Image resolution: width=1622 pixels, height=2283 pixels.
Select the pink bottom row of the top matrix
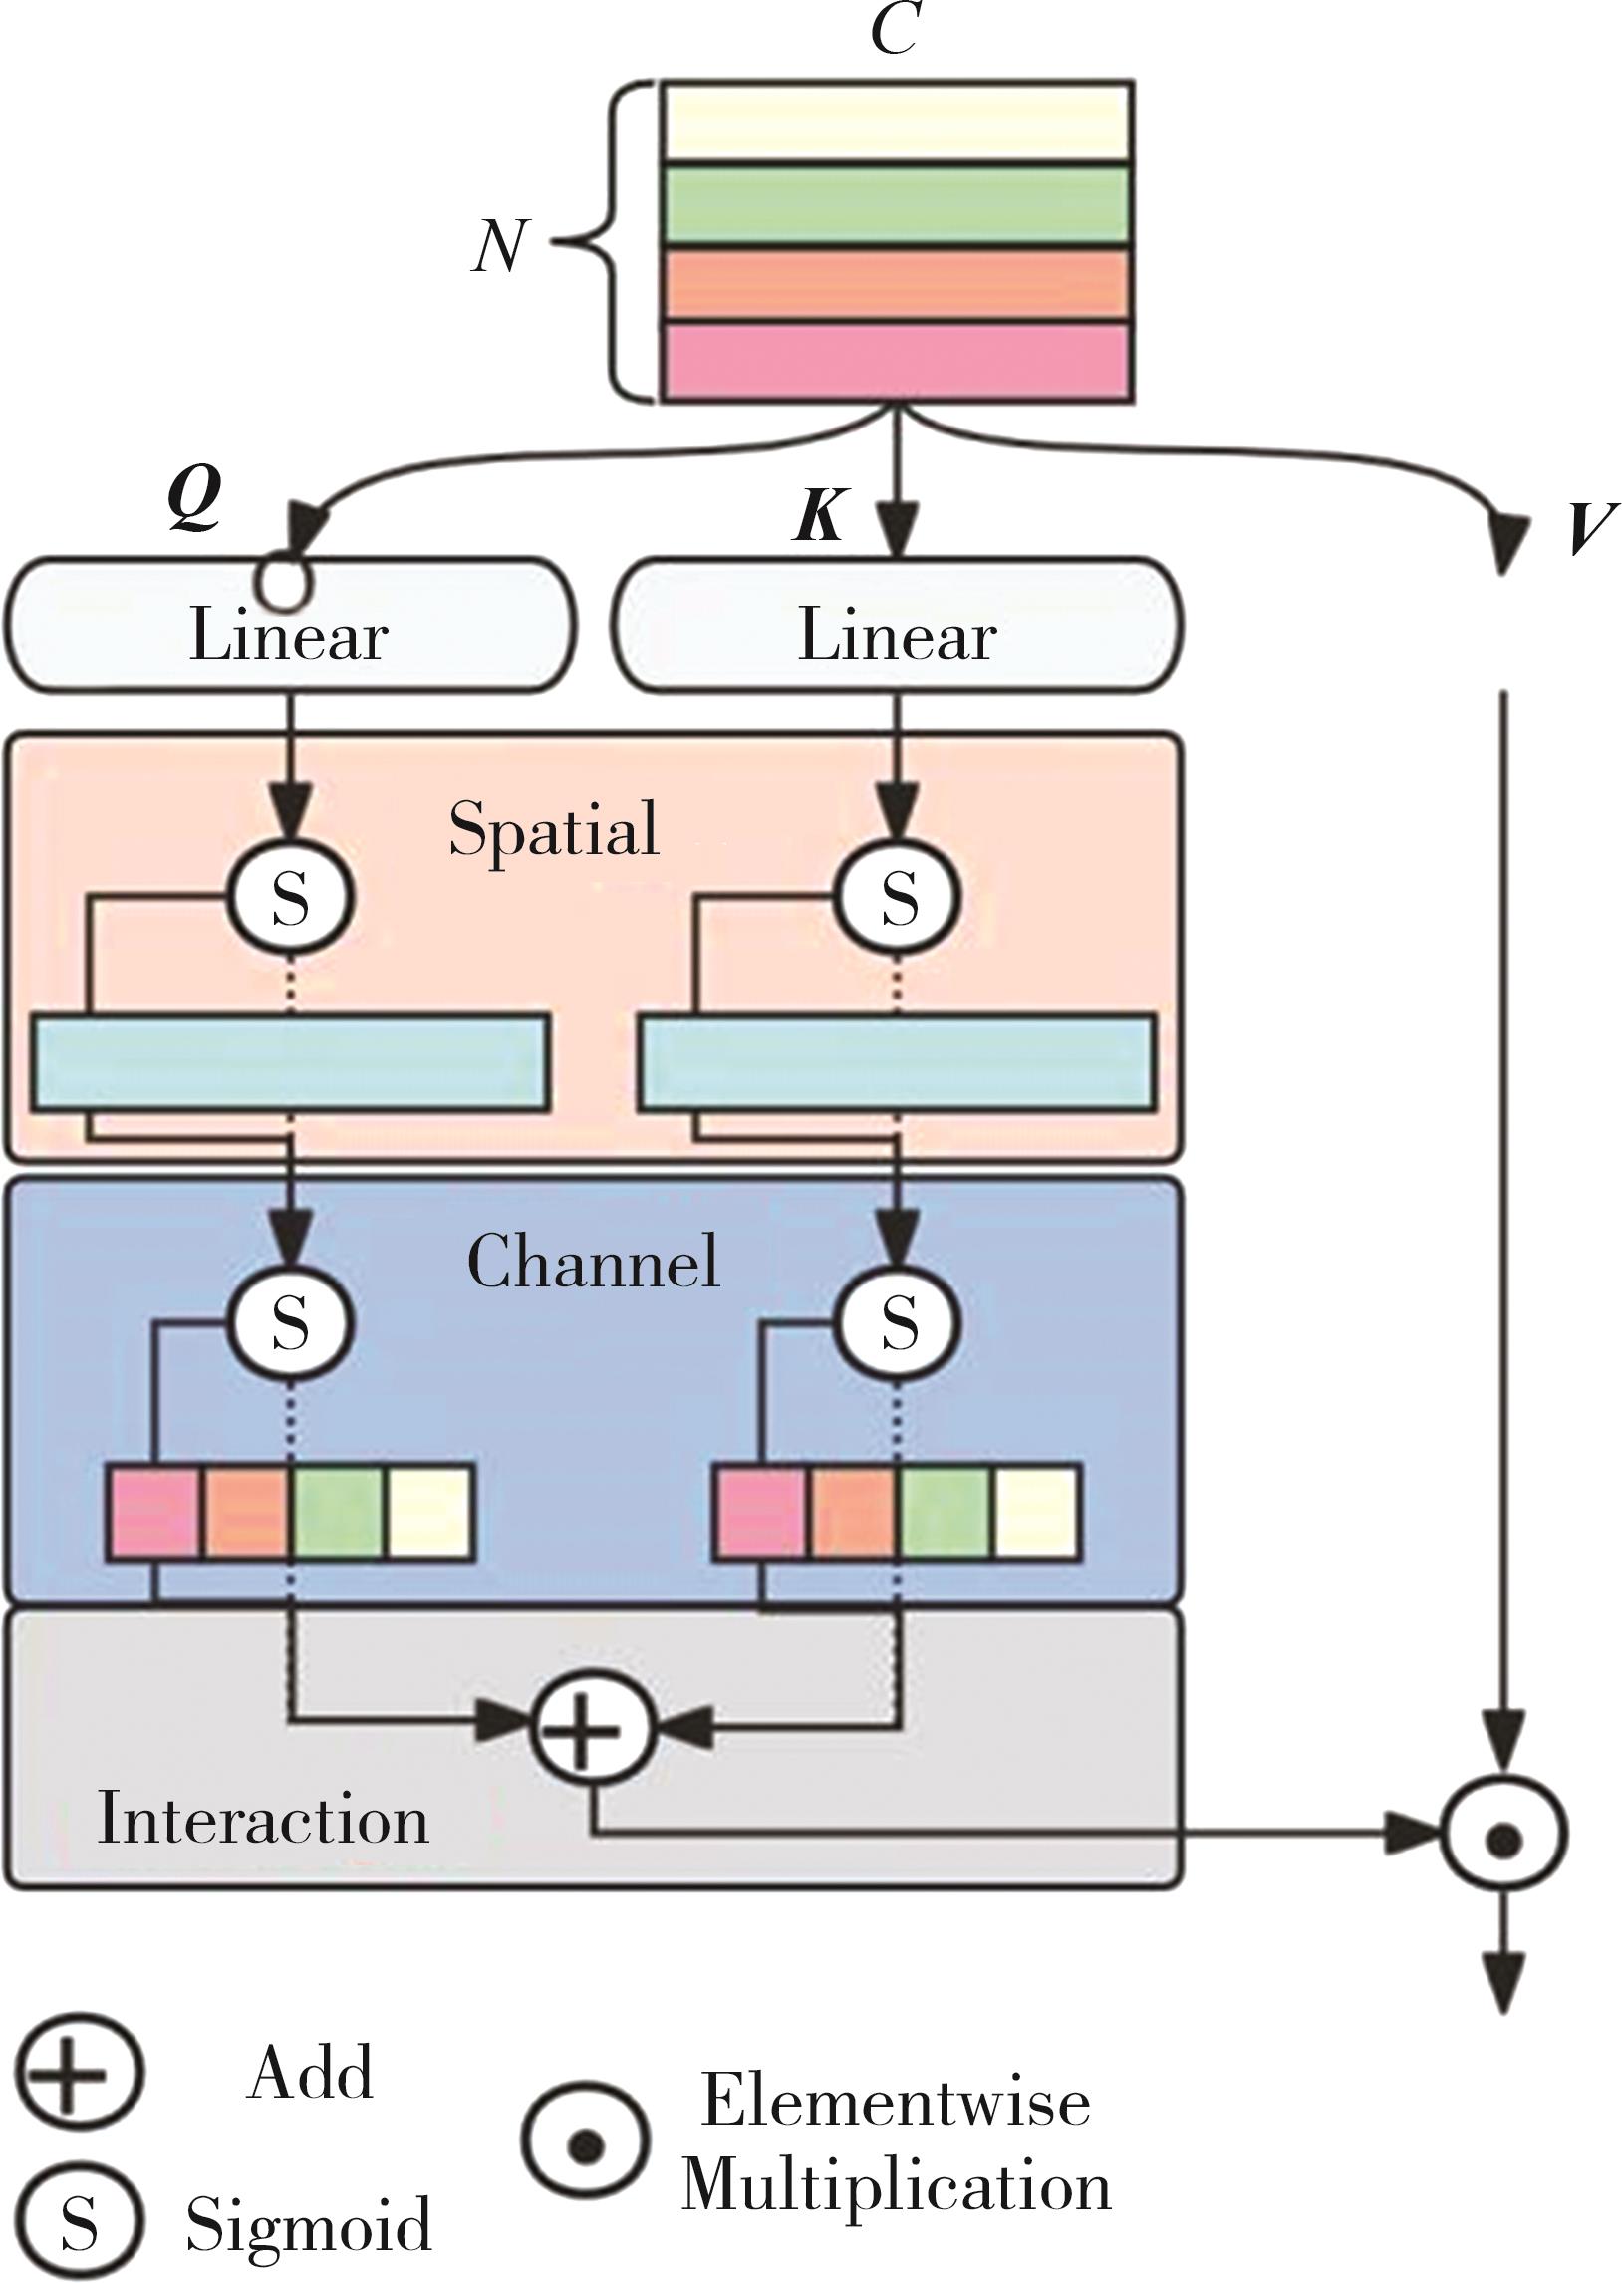point(897,362)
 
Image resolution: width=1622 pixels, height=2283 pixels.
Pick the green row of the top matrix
point(897,202)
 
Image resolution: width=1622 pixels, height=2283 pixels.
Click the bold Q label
point(194,499)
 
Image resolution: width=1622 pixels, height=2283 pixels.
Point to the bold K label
point(820,516)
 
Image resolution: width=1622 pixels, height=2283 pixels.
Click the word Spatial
point(553,830)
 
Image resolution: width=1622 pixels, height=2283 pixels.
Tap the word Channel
point(593,1262)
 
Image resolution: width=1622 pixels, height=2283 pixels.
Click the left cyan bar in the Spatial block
point(291,1062)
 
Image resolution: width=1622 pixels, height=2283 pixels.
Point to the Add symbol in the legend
point(78,2074)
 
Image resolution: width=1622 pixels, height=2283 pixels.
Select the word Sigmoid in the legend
point(309,2224)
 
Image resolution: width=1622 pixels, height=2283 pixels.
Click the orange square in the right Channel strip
point(852,1511)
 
